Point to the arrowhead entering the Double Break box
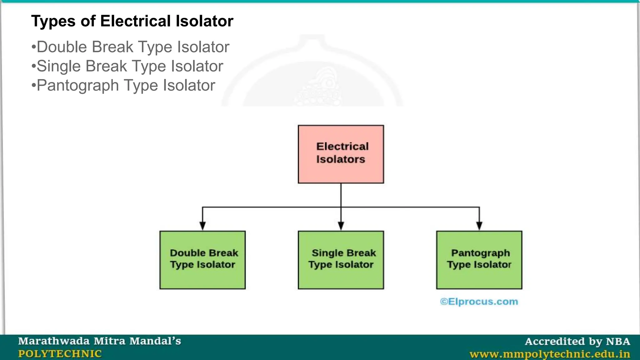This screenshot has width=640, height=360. click(202, 226)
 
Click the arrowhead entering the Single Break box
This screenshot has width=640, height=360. click(341, 226)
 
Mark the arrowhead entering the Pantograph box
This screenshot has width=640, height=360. click(479, 226)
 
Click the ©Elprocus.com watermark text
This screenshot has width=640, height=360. click(479, 302)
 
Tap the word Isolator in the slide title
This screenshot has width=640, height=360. click(204, 21)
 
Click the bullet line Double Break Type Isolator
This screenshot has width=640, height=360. click(131, 47)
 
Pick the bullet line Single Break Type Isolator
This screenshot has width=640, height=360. click(127, 66)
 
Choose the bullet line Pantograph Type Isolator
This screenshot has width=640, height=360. click(123, 85)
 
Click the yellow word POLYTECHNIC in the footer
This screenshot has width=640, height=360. click(60, 354)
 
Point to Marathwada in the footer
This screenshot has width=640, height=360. click(54, 341)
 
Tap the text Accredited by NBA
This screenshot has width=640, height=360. click(577, 341)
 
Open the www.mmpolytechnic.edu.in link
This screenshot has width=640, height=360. click(550, 354)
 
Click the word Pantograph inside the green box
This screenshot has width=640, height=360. click(480, 253)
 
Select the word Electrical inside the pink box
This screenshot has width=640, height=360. click(342, 146)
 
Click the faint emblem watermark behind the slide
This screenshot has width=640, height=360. click(312, 78)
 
